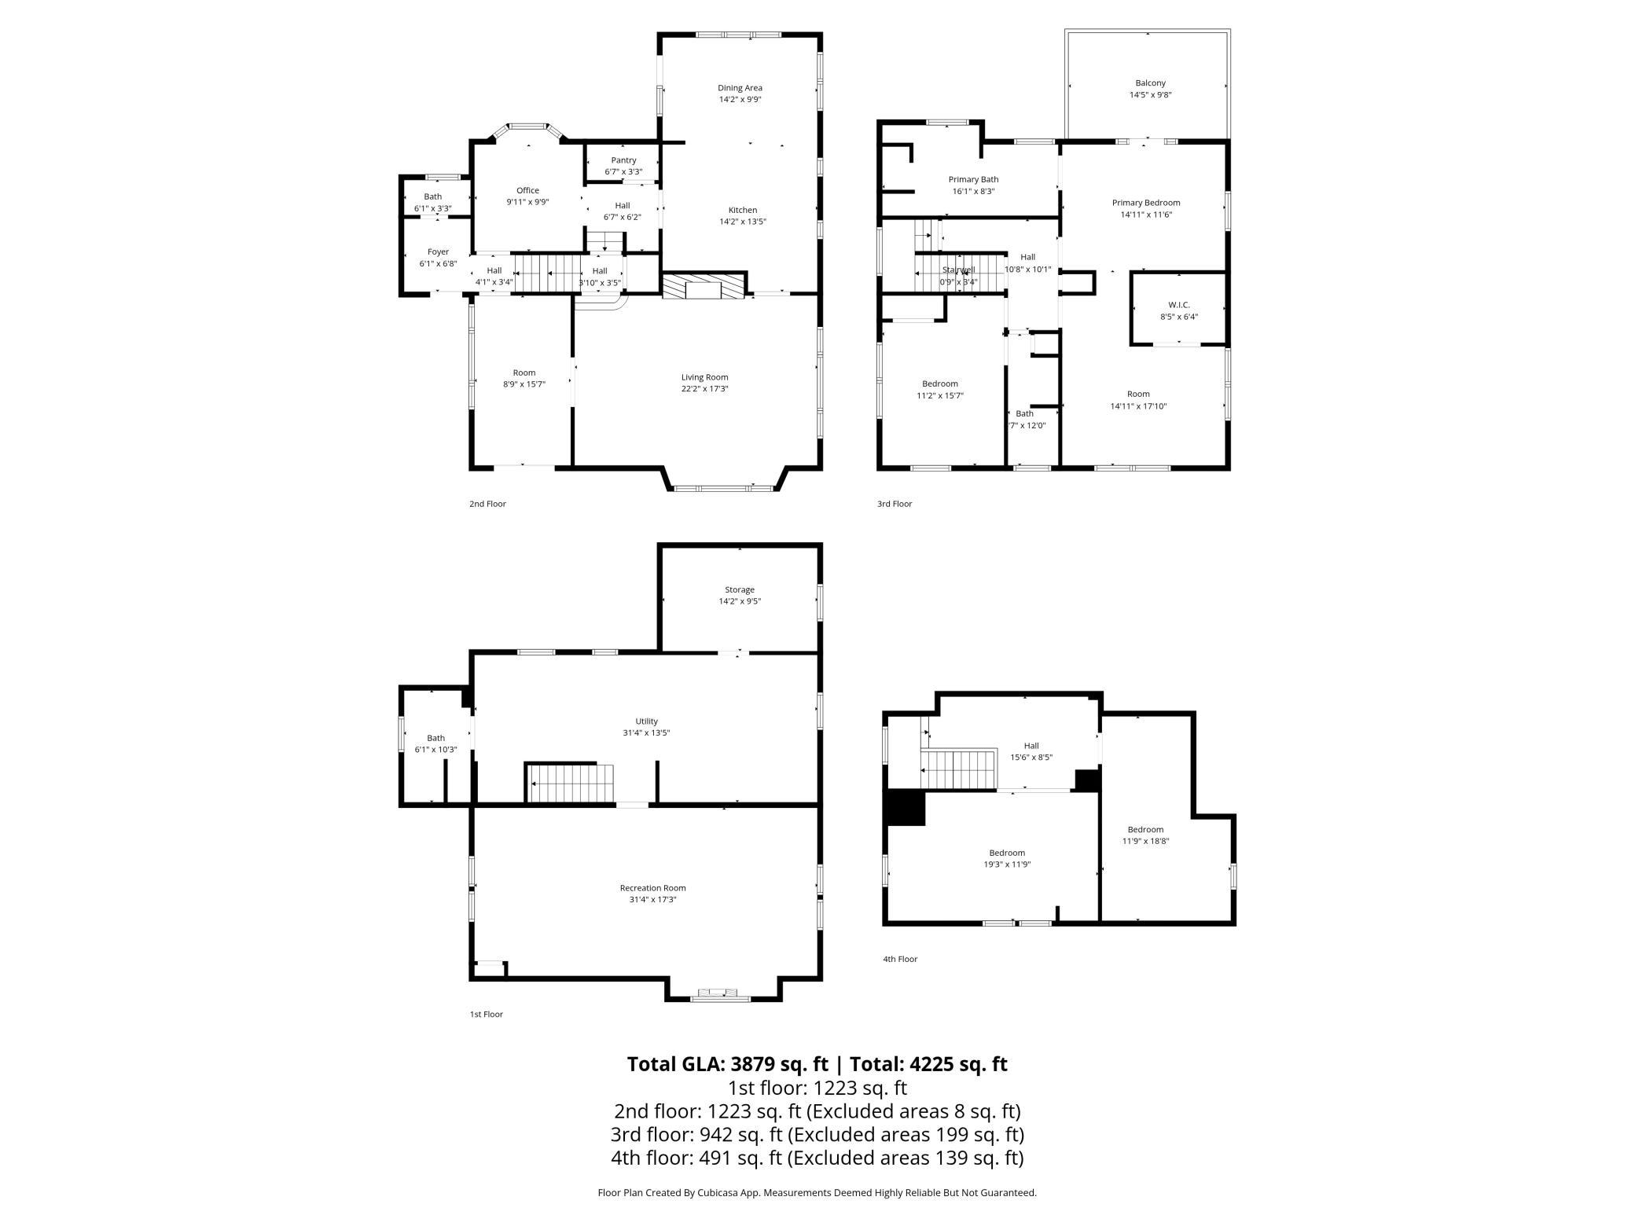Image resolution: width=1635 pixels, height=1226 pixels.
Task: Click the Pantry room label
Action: pos(623,160)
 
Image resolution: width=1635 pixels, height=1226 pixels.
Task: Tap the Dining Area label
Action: pos(740,88)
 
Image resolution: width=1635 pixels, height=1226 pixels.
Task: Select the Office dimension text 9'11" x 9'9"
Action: pos(527,202)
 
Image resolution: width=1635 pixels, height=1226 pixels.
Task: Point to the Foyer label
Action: pos(438,252)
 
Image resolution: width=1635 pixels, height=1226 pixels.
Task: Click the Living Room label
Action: pos(704,377)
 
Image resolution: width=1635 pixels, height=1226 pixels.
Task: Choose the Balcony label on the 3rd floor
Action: pos(1150,83)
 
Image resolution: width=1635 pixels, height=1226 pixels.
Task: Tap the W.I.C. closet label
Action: pos(1178,305)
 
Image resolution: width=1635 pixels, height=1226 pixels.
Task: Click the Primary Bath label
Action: pos(973,179)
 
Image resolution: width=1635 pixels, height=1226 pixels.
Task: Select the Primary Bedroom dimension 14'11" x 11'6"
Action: pos(1146,215)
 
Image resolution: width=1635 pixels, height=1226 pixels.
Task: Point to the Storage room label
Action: pos(739,589)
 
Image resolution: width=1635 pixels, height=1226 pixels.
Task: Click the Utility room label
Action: pos(646,721)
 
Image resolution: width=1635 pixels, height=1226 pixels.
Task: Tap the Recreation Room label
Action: pos(652,888)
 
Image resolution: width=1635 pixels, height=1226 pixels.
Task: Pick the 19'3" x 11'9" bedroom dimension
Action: pos(1006,864)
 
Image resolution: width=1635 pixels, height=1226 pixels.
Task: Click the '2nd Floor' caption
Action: pos(487,504)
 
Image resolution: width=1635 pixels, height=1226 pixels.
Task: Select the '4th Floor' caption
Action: pos(900,959)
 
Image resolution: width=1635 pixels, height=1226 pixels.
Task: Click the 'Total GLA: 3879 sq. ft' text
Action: pos(727,1064)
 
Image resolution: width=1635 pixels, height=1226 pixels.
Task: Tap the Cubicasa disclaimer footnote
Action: pos(817,1193)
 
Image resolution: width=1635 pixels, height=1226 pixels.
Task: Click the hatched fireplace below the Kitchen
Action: pos(703,286)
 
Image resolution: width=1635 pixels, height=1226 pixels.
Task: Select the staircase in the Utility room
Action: pos(571,784)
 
